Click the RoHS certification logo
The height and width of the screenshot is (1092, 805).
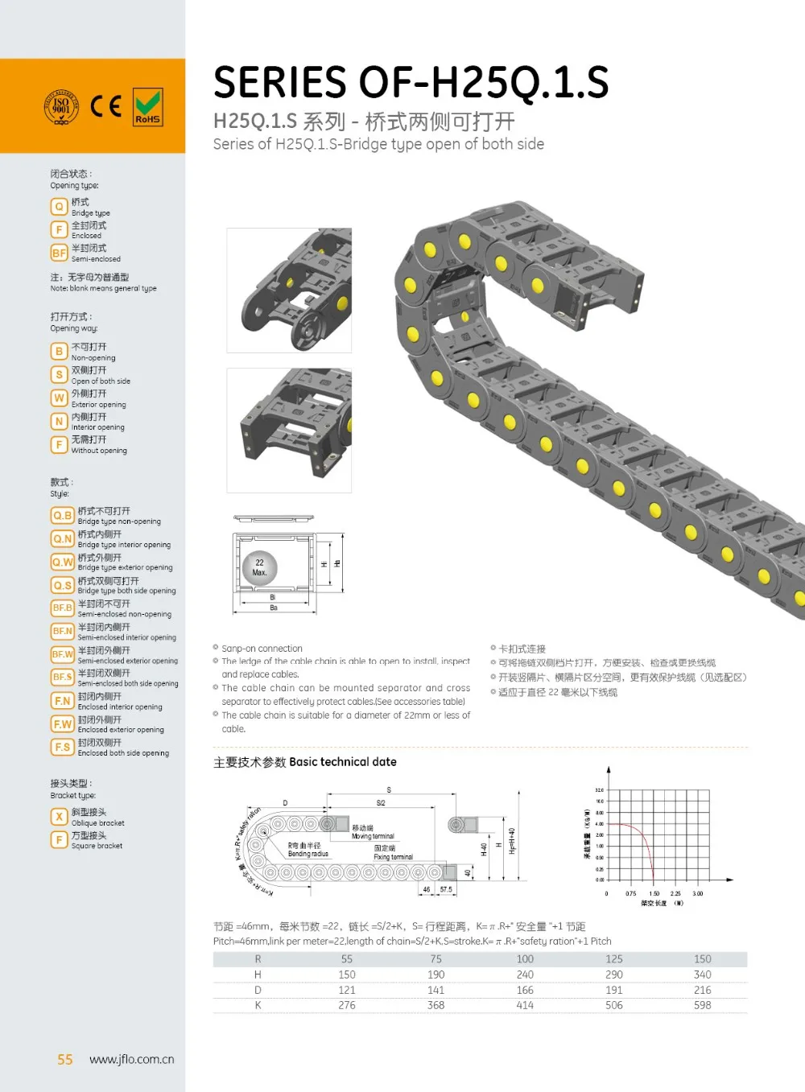(x=147, y=107)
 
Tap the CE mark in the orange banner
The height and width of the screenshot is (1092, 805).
(x=105, y=106)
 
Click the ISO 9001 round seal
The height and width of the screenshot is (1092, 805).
(x=61, y=107)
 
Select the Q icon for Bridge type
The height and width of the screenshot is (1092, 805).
(x=59, y=207)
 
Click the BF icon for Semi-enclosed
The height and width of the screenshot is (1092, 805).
(x=59, y=253)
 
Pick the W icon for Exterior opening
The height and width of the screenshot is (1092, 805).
(x=59, y=398)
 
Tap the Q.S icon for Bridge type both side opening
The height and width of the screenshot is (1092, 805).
(x=63, y=585)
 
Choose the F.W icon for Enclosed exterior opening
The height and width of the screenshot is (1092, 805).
(x=63, y=724)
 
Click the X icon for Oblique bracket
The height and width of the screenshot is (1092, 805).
(x=59, y=817)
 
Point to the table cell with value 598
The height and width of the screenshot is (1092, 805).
(x=702, y=1005)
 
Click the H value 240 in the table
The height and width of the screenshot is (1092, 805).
(x=525, y=975)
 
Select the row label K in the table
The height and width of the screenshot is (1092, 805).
(x=258, y=1005)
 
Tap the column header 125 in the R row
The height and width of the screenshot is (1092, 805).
(x=613, y=959)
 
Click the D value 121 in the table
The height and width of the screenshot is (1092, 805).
(x=347, y=990)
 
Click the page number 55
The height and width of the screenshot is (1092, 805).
(x=65, y=1060)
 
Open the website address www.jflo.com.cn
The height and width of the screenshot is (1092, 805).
(x=131, y=1060)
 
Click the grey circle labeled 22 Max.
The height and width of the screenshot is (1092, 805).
(x=259, y=568)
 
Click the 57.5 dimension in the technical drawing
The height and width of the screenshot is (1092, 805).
(x=446, y=889)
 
